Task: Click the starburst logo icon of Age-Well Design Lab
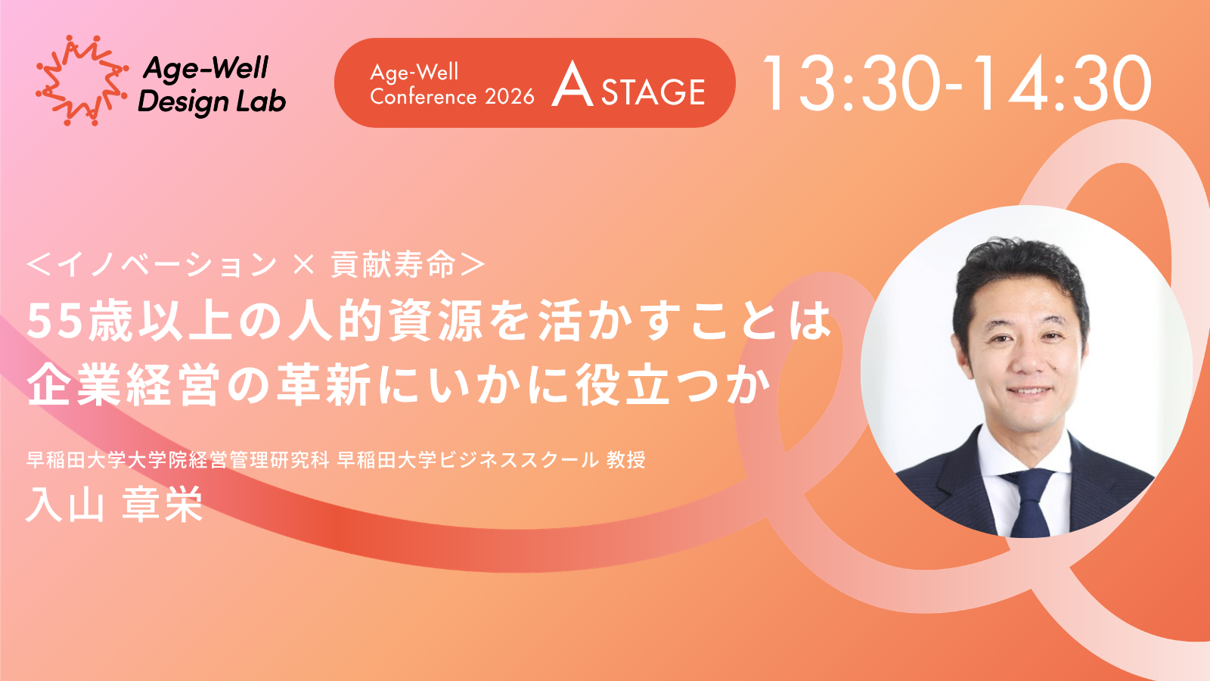click(x=82, y=80)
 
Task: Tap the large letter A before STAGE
click(x=572, y=86)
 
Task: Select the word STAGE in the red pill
click(x=653, y=92)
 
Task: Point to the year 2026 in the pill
click(x=510, y=97)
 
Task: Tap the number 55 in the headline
click(x=56, y=322)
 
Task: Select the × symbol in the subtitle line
click(x=303, y=265)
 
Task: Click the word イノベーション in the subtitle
click(x=166, y=265)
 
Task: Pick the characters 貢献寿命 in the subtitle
click(x=392, y=265)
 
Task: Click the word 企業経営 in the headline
click(x=124, y=385)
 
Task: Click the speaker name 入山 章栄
click(x=114, y=504)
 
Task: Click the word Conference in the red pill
click(x=423, y=97)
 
